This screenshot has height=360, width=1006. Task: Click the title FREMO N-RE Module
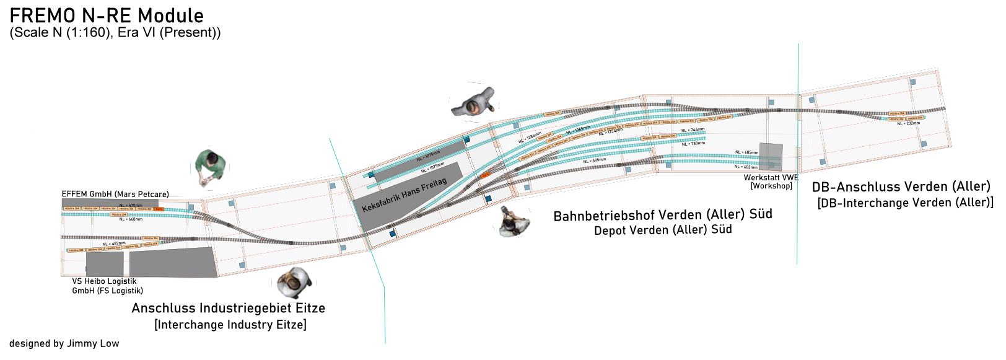click(x=107, y=15)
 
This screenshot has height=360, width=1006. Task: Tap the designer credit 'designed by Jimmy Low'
click(x=64, y=344)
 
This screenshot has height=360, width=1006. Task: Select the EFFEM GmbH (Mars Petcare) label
click(x=115, y=194)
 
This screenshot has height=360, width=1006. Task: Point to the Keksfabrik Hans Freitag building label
click(x=404, y=195)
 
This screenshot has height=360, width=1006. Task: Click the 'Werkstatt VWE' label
click(x=771, y=178)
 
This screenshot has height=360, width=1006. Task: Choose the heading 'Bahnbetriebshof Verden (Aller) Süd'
click(x=662, y=215)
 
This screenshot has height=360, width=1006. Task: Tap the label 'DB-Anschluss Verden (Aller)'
click(x=901, y=187)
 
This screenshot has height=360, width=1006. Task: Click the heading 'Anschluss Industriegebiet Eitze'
click(x=228, y=308)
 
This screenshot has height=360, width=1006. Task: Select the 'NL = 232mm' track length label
click(x=908, y=123)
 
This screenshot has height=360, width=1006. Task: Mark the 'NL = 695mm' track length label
click(x=594, y=161)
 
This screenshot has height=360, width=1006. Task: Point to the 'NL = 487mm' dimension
click(x=114, y=244)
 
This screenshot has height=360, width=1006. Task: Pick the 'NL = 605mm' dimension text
click(x=746, y=152)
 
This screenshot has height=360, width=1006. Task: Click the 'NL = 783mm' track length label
click(x=693, y=144)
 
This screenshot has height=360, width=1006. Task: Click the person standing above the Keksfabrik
click(x=474, y=103)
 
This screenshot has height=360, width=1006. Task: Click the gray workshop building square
click(x=771, y=157)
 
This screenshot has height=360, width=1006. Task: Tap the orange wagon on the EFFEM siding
click(x=159, y=209)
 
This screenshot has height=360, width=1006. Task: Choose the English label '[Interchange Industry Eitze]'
click(x=230, y=325)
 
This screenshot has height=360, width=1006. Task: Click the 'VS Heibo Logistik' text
click(x=104, y=281)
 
